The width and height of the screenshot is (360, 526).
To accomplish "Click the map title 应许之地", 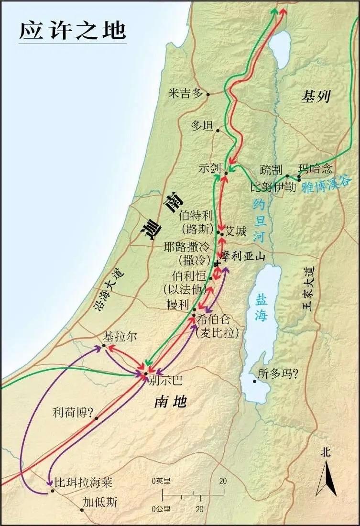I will point(73,30).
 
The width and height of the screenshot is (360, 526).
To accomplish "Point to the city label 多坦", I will point(201,126).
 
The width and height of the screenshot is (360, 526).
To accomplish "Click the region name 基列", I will point(316,97).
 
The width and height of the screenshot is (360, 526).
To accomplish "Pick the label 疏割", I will point(271,170).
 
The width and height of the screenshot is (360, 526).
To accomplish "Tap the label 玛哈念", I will point(314,169).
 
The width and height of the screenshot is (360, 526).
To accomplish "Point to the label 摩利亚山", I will point(242,257).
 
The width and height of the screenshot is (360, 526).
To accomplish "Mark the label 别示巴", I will point(165,381).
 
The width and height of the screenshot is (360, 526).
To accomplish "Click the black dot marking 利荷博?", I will point(97,418).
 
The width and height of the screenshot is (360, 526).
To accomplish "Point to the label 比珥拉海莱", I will point(83,482).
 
